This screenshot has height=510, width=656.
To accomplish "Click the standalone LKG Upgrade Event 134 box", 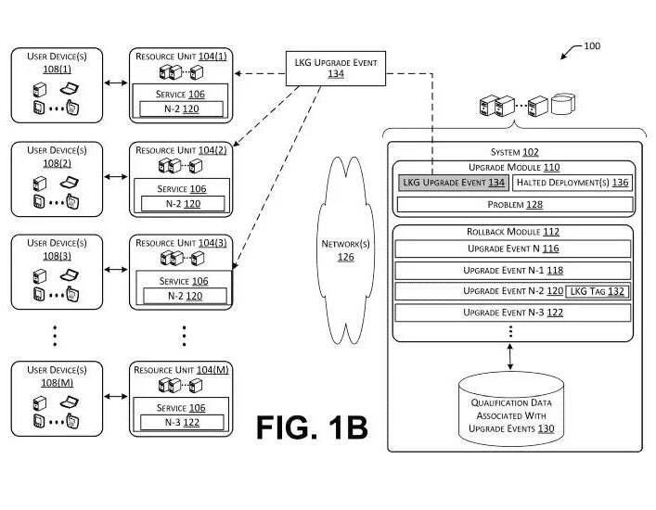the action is click(336, 69).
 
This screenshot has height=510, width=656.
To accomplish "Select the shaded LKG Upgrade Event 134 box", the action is click(454, 183).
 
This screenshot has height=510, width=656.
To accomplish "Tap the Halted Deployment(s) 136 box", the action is click(572, 183).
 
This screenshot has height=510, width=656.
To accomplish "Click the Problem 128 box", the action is click(515, 204).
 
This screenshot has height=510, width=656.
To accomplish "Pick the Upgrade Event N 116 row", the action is click(513, 249).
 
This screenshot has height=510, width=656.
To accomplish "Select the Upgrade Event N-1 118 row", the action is click(513, 271).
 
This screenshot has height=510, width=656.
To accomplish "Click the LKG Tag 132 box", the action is click(597, 291).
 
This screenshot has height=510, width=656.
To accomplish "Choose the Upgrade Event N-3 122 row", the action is click(513, 312).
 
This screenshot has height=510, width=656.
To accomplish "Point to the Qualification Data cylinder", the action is click(511, 409).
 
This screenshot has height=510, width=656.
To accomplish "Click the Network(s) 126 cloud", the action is click(345, 250).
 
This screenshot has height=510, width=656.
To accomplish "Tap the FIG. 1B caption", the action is click(312, 427).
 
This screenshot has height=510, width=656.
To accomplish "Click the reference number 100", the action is click(592, 46).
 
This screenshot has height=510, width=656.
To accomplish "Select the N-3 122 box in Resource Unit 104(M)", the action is click(182, 422).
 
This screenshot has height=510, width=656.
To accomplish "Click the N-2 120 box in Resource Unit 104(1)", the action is click(181, 108).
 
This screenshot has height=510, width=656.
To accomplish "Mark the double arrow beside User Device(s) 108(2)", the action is click(116, 177).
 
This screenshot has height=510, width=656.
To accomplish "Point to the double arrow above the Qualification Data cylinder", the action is click(510, 357).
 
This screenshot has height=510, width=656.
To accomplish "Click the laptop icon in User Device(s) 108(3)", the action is click(70, 274).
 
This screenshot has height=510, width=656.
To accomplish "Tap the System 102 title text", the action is click(515, 152).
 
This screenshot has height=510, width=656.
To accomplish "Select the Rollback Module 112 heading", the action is click(513, 232).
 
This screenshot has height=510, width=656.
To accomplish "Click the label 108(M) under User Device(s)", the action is click(57, 382).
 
